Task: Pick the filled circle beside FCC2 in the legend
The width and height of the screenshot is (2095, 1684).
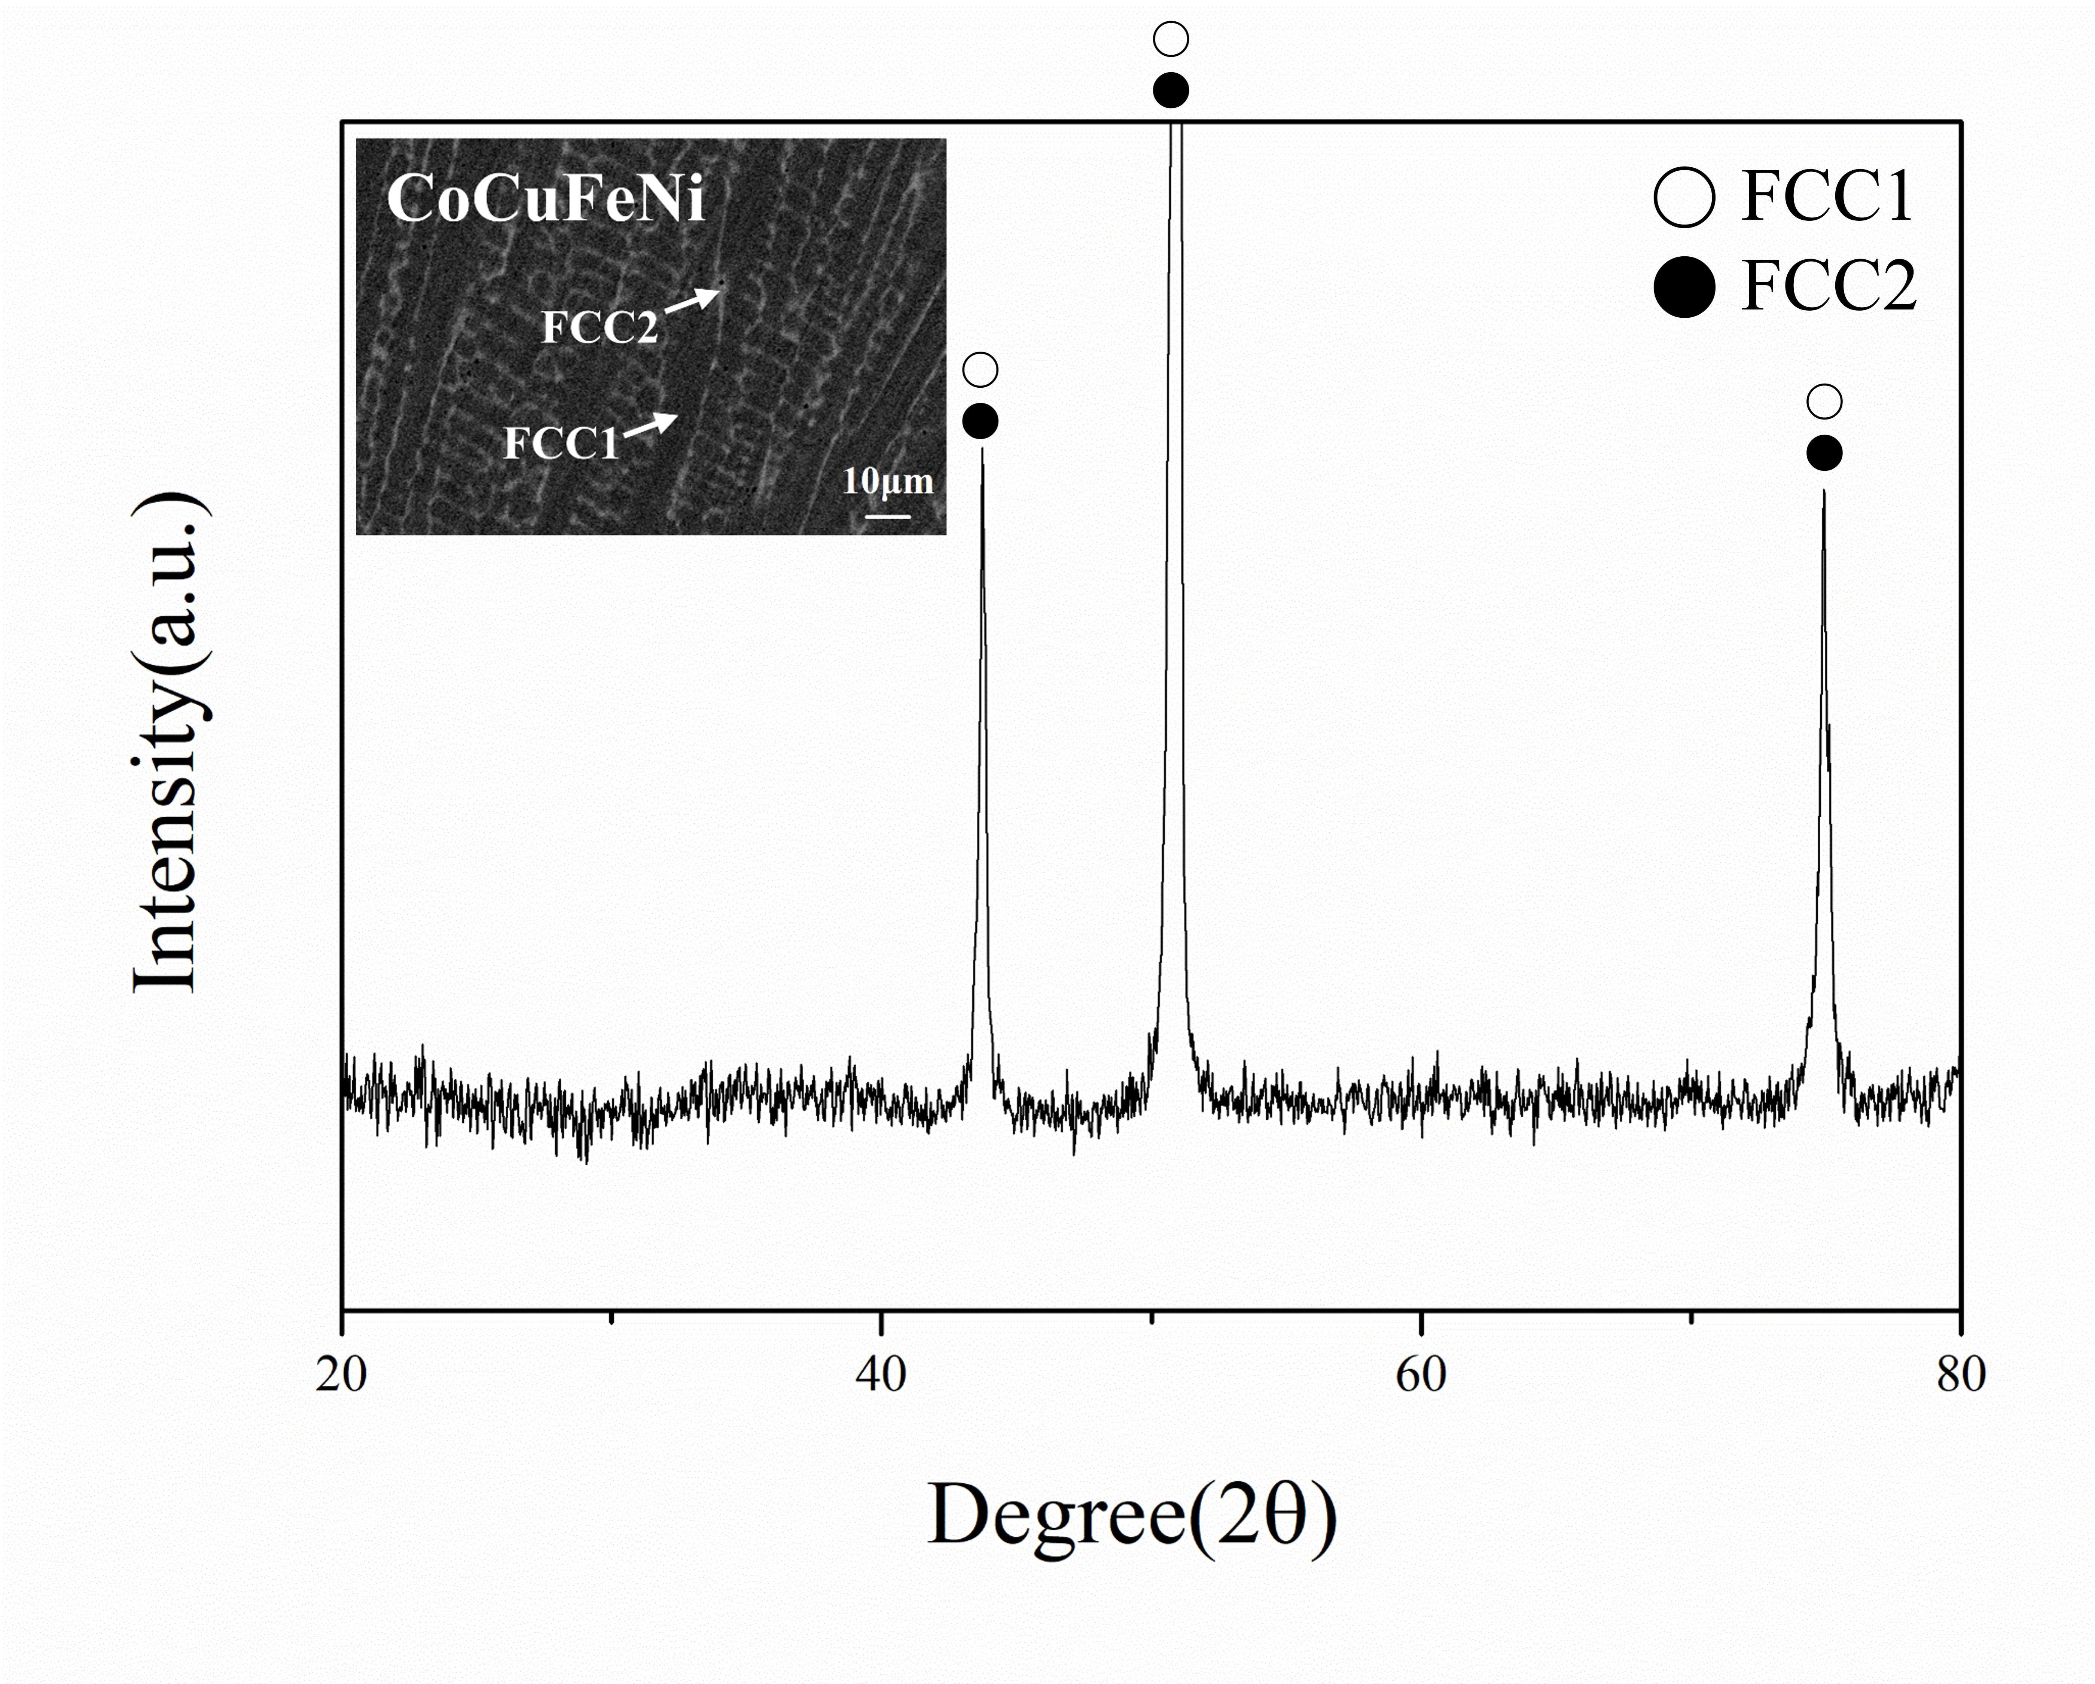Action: (x=1684, y=287)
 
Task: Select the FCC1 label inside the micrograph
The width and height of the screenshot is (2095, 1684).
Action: (x=561, y=443)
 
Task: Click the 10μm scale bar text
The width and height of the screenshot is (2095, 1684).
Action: (x=887, y=481)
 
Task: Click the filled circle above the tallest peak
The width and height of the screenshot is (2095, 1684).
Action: (x=1171, y=90)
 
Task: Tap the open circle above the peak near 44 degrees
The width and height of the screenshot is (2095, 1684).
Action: (x=981, y=370)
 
